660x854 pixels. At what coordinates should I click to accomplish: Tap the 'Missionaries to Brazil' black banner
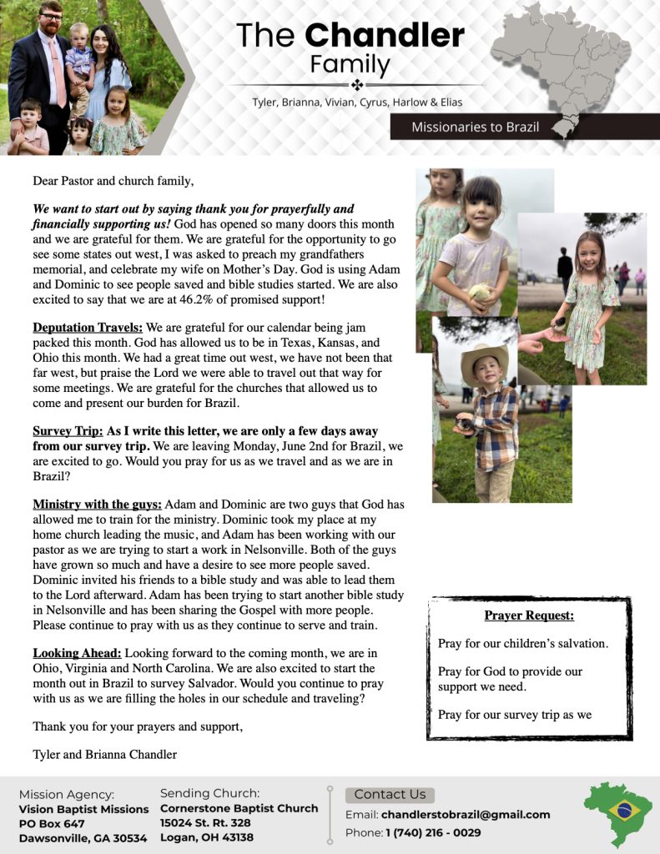coord(475,127)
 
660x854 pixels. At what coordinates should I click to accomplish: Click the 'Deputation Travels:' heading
coord(88,328)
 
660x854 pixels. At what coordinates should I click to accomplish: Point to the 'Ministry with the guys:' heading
coord(98,505)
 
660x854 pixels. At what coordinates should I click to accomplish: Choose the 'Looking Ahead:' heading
coord(78,653)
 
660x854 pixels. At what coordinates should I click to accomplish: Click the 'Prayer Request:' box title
coord(529,616)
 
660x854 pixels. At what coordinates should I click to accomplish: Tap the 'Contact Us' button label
coord(390,794)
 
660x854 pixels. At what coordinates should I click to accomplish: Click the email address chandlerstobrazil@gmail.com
coord(466,815)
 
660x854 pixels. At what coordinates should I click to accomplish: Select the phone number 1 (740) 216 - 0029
coord(433,832)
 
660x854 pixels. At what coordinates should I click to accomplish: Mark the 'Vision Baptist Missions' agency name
coord(83,809)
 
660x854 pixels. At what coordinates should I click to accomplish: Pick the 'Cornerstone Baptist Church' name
coord(239,808)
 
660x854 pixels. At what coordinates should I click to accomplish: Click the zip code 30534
coord(129,838)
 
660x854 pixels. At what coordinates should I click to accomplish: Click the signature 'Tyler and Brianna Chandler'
coord(104,755)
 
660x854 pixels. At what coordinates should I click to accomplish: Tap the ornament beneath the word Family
coord(356,85)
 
